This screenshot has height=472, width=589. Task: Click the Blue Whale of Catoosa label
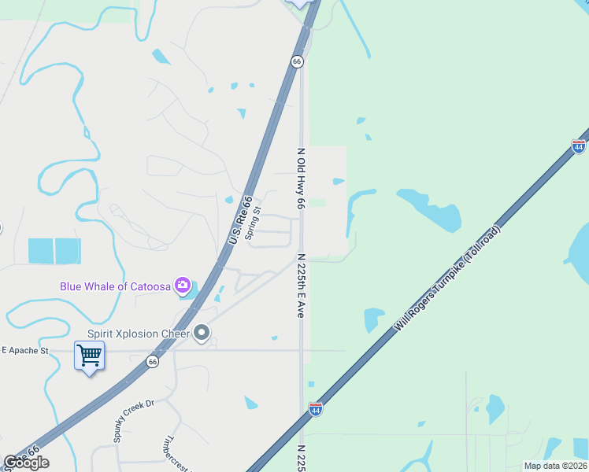(116, 286)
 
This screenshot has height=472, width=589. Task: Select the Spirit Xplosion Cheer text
(139, 334)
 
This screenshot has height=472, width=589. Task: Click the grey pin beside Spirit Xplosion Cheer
(202, 334)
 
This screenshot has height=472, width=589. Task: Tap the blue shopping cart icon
(89, 356)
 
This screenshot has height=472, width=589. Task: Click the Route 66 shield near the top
(297, 61)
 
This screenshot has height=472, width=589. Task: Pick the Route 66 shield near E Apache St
(153, 362)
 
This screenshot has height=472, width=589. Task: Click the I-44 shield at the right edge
(579, 147)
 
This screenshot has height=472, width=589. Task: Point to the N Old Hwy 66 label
(301, 178)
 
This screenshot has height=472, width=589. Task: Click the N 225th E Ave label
(301, 285)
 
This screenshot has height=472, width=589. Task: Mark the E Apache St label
(25, 350)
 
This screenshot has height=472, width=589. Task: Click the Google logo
(26, 463)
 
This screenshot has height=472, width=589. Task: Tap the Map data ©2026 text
(554, 466)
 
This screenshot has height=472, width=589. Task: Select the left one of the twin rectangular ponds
(41, 251)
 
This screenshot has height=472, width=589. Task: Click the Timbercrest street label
(178, 451)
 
